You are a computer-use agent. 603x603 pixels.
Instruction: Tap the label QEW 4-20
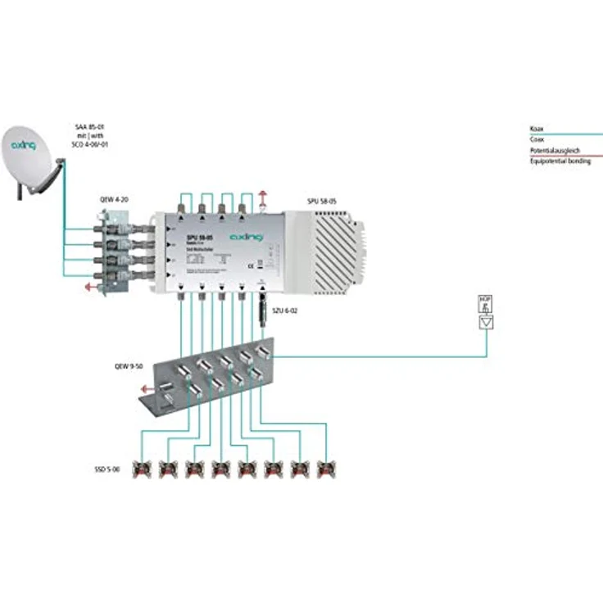pos(116,198)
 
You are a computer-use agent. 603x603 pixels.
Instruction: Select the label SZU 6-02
pos(284,311)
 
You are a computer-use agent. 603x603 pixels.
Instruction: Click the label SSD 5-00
pos(107,469)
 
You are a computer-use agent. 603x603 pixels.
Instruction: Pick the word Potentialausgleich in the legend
pos(555,151)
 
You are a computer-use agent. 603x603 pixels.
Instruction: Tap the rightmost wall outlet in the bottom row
pos(327,469)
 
